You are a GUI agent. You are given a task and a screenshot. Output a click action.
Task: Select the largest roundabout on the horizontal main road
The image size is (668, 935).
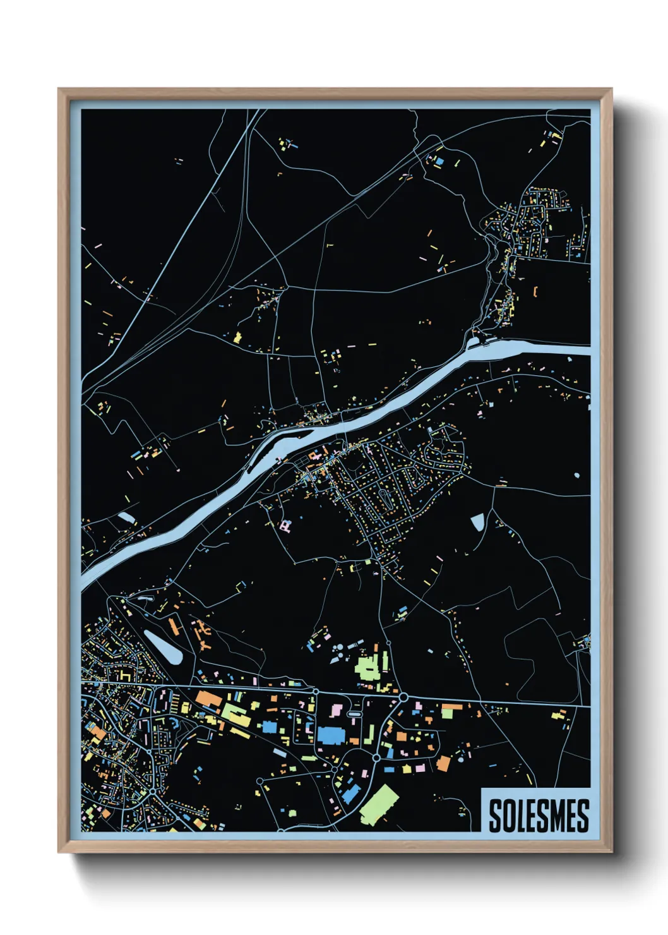point(402,697)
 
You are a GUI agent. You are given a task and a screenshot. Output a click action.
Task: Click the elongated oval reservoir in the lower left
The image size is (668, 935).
point(163,646)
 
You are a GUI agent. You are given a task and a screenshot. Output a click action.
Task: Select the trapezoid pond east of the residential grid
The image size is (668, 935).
point(477,522)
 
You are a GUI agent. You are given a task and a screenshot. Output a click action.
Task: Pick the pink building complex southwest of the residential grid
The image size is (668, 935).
point(286,526)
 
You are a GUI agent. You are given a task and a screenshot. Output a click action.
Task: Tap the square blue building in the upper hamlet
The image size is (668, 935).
point(439,161)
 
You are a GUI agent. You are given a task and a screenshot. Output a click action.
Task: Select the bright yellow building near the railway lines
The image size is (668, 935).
point(238,337)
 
